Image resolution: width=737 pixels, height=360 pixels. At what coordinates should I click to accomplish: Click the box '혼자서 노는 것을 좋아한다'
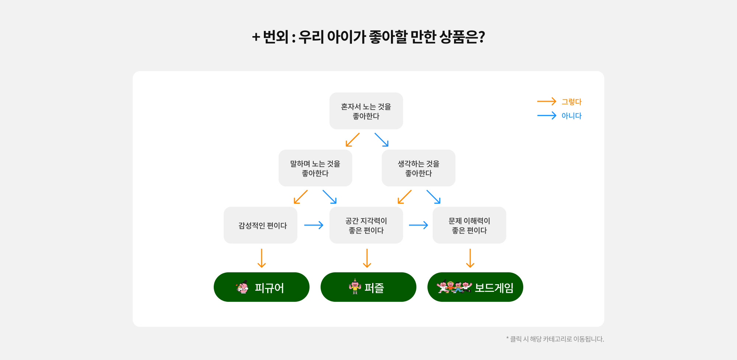coord(366,111)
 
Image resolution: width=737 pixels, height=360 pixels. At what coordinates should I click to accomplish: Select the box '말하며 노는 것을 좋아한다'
coord(315,168)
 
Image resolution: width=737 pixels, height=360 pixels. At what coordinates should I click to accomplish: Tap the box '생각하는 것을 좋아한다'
coord(419,168)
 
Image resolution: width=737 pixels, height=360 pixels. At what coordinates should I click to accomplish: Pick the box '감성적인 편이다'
coord(261,225)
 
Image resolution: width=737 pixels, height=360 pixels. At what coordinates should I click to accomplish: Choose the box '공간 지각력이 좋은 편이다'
coord(366,225)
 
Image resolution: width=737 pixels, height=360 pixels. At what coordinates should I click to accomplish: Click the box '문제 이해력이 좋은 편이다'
coord(469,225)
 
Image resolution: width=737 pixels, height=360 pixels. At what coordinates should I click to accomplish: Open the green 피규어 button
coord(262,287)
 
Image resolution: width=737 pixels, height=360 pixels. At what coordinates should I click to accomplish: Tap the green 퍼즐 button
coord(368,287)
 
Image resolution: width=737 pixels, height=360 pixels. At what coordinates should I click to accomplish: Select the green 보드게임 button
coord(475,287)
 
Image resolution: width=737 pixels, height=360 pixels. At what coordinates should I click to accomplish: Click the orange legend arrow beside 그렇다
coord(546,101)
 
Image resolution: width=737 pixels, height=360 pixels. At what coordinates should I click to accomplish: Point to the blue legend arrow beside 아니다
coord(546,116)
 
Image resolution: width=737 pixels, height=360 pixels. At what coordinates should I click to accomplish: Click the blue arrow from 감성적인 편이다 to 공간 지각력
coord(314,225)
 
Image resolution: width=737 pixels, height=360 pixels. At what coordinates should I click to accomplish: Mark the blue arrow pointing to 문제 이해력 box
coord(418,225)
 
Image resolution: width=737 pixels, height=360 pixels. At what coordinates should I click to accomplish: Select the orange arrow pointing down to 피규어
coord(262,258)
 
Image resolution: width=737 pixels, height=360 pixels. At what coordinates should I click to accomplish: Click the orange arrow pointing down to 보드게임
coord(470,258)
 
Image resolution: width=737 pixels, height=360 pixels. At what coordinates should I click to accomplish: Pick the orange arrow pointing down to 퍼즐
coord(367,258)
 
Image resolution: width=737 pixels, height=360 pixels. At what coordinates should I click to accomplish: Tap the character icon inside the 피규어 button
coord(242,287)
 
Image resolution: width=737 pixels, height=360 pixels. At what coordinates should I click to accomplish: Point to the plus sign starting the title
coord(256,37)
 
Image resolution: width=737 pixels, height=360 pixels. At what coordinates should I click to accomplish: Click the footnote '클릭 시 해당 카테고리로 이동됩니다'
coord(557,339)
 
